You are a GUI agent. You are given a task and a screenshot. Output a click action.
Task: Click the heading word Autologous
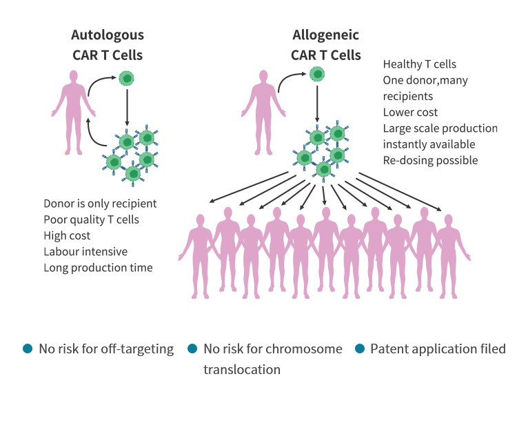tap(108, 35)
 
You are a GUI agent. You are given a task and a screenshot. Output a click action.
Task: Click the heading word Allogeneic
tap(325, 35)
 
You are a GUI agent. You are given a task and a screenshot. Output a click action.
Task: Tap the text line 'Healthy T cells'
tap(420, 64)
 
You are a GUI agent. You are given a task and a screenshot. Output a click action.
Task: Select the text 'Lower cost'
tap(410, 112)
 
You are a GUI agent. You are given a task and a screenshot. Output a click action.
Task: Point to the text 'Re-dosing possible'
tap(430, 160)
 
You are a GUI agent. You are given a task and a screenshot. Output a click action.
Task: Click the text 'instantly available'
tap(429, 144)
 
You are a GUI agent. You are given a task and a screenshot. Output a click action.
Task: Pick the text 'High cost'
tap(67, 235)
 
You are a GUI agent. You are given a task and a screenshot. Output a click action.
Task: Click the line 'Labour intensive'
tap(85, 251)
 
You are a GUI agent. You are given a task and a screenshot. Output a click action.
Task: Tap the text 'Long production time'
tap(98, 268)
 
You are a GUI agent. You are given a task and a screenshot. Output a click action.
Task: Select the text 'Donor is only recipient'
tap(100, 204)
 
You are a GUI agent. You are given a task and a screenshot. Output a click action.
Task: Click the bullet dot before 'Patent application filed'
tap(360, 349)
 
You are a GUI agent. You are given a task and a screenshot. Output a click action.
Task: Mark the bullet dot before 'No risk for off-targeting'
tap(28, 349)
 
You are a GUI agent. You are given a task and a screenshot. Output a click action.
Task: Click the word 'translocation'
tap(242, 369)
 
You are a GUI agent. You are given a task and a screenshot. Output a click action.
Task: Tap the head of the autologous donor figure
tap(73, 76)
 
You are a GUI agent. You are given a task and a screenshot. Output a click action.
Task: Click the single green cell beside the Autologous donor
tap(127, 79)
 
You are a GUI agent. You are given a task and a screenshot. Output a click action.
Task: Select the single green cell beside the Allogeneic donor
tap(317, 75)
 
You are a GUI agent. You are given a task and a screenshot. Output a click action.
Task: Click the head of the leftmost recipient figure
tap(200, 220)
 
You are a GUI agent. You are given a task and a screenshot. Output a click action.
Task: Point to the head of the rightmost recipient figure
tap(448, 220)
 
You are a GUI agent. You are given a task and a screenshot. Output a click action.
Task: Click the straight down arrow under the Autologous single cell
tap(127, 107)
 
